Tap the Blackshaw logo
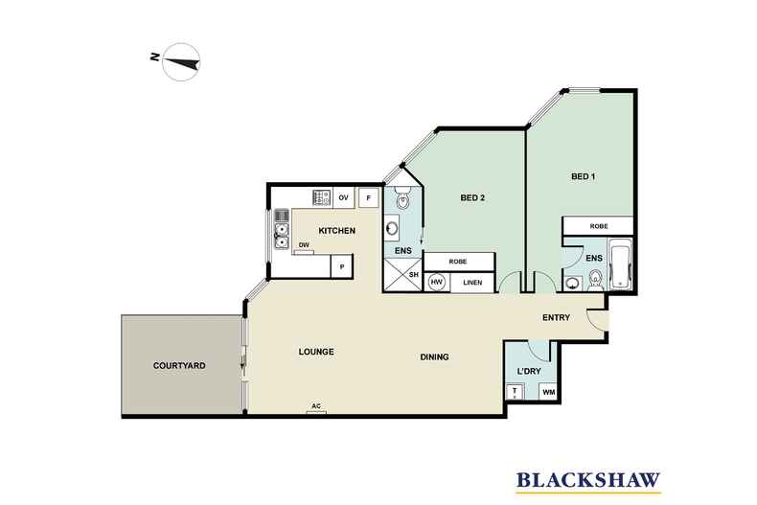coord(588,481)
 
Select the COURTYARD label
coord(179,366)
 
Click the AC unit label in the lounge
coord(316,406)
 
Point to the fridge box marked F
coord(369,197)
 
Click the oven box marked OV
coord(343,198)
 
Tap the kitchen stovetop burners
coord(322,197)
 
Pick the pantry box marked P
coord(342,266)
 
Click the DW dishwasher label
coord(304,245)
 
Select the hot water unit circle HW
coord(436,283)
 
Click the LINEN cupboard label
coord(472,283)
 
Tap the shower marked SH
coord(402,274)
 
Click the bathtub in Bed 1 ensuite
coord(619,264)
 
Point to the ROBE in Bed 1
coord(599,226)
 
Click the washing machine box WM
coord(549,393)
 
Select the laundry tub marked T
coord(515,391)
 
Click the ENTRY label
coord(556,318)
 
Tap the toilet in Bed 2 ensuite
coord(402,199)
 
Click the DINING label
coord(434,357)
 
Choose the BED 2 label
coord(472,197)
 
